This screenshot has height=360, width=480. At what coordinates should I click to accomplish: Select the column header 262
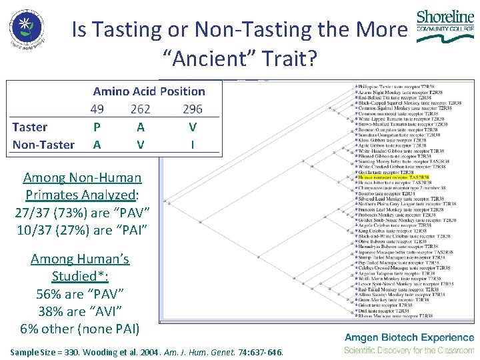pos(140,109)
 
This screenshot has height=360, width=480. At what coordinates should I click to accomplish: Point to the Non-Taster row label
pos(43,145)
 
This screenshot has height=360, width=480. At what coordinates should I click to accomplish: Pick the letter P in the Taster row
pos(97,127)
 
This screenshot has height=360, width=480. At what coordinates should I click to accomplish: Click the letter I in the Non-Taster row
pos(193,145)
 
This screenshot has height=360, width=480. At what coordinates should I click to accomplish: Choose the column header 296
pos(192,109)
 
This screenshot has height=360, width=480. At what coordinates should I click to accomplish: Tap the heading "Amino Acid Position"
pos(149,91)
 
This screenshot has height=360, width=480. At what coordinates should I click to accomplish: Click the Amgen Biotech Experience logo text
pos(409,337)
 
